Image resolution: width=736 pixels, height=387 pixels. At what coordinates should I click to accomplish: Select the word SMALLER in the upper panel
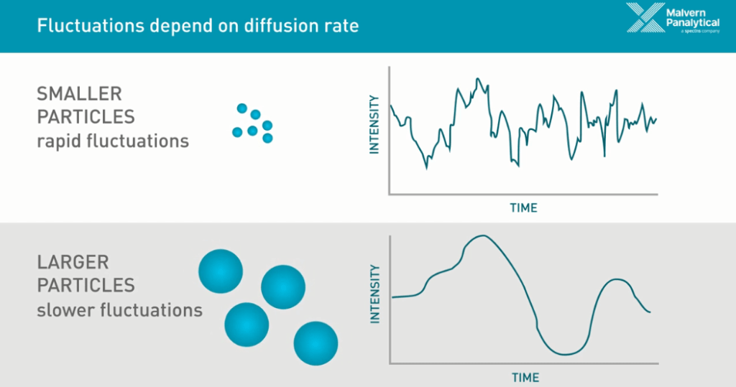(x=79, y=94)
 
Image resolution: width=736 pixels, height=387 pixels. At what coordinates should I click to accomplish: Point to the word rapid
(x=59, y=141)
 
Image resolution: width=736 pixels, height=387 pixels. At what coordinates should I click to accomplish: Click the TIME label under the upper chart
(x=523, y=208)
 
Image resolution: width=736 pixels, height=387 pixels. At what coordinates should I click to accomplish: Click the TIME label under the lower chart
(x=525, y=377)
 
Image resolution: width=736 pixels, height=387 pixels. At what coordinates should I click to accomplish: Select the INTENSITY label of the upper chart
(x=374, y=123)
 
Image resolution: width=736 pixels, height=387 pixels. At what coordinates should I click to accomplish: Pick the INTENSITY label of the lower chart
(x=374, y=294)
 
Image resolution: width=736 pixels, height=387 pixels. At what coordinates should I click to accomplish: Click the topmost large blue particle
(x=221, y=271)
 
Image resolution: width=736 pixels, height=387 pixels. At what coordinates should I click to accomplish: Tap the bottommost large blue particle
(x=316, y=343)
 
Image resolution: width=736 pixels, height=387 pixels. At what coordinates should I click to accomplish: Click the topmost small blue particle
(x=241, y=108)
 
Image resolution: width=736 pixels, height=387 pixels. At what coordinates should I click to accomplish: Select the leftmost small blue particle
(x=237, y=132)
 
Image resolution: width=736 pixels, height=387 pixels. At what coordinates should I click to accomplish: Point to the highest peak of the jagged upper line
(x=477, y=78)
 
